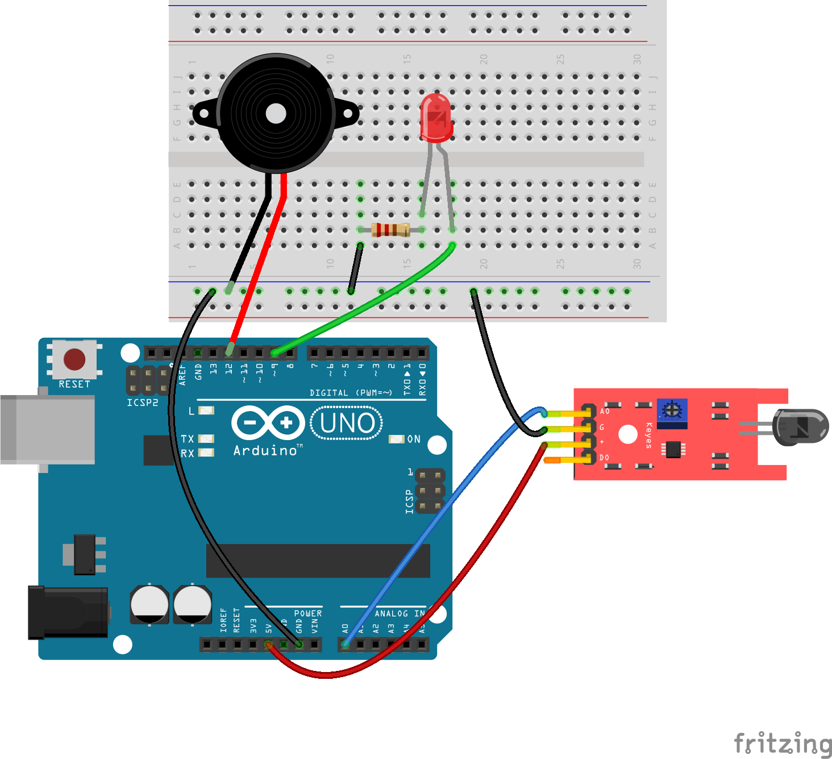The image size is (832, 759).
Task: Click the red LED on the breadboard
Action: click(436, 118)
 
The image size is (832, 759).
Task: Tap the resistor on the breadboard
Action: click(390, 230)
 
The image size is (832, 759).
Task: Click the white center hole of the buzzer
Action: click(276, 113)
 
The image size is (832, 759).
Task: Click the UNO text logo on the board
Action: click(347, 424)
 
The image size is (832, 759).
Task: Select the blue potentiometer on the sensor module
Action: click(672, 410)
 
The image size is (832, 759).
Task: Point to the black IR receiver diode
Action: click(801, 427)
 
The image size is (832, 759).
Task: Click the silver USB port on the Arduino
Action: click(48, 429)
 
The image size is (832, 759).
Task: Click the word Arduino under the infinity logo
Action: click(266, 451)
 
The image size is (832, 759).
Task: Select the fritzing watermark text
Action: click(783, 743)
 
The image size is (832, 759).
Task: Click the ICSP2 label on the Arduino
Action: click(142, 403)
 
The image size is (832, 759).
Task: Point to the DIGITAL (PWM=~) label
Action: click(351, 393)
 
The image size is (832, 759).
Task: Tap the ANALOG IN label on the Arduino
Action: click(400, 613)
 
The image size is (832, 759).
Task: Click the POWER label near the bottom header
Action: click(307, 613)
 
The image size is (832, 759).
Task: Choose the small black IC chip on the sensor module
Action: click(673, 449)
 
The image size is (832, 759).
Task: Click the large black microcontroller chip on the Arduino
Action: click(318, 561)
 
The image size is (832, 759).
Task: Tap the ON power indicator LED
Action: click(396, 439)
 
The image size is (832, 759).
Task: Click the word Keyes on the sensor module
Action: click(649, 436)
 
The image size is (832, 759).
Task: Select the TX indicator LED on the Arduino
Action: click(206, 439)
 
